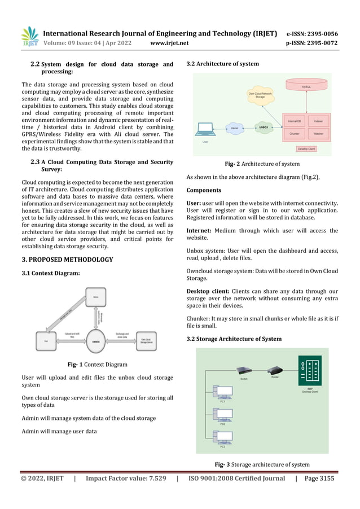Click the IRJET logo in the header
pyautogui.click(x=29, y=37)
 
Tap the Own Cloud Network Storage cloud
pyautogui.click(x=260, y=96)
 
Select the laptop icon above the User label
pyautogui.click(x=201, y=133)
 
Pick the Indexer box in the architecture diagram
pyautogui.click(x=318, y=121)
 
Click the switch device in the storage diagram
pyautogui.click(x=244, y=371)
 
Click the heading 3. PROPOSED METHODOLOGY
pyautogui.click(x=67, y=260)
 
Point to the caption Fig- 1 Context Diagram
pyautogui.click(x=97, y=365)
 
